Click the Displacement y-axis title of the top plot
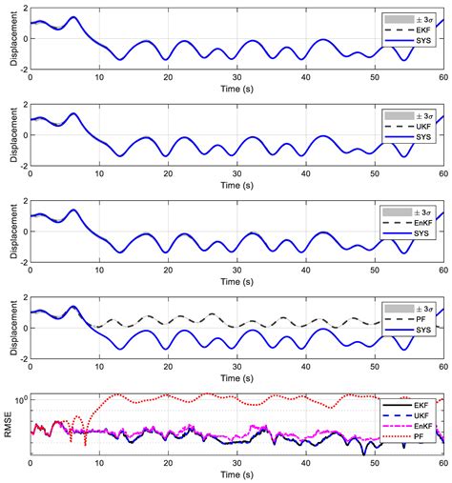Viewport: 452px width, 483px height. [9, 38]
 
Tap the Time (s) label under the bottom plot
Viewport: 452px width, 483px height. [237, 474]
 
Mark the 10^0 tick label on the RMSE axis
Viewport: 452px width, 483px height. [20, 398]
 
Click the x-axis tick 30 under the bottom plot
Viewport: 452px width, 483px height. [237, 463]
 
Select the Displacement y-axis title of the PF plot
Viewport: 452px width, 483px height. [9, 328]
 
